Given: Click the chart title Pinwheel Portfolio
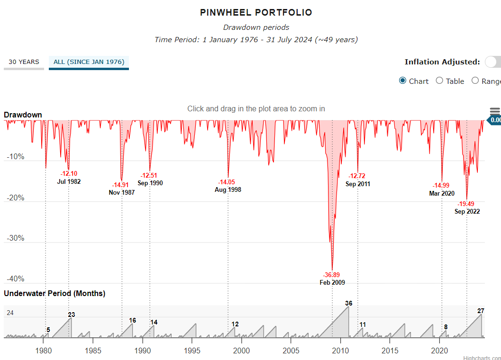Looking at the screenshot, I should [x=256, y=13].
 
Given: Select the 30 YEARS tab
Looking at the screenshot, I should [x=24, y=62].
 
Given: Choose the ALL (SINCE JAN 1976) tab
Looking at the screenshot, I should [x=89, y=62].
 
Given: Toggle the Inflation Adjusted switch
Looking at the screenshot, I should [x=493, y=62].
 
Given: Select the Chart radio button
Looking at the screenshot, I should [x=403, y=81].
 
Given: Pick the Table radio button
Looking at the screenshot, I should [x=439, y=81].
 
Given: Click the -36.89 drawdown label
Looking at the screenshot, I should [x=332, y=275].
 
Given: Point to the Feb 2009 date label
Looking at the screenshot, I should [x=332, y=282].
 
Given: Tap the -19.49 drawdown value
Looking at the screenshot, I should [x=466, y=204].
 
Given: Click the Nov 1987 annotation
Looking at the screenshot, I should [x=122, y=192].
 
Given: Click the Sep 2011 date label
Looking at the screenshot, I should [x=358, y=184].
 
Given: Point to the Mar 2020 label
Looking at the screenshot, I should [x=441, y=193].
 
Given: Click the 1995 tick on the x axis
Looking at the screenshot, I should [x=192, y=351].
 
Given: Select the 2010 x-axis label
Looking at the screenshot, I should [x=340, y=351].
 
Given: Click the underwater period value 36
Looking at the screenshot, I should [x=348, y=303].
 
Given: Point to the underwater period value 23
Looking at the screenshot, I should [x=72, y=315].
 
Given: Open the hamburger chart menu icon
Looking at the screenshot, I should [x=495, y=111].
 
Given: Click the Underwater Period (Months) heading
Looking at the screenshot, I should [x=55, y=294].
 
